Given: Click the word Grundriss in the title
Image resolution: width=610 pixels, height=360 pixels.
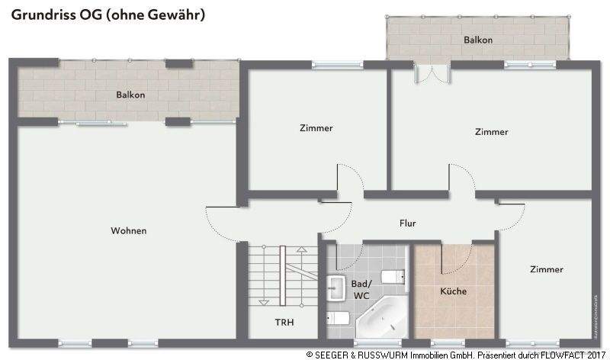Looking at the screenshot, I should pos(39,14).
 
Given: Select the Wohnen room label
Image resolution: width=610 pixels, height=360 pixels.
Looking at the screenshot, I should pos(128,230).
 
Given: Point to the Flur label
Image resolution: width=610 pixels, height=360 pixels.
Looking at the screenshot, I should pos(408,223).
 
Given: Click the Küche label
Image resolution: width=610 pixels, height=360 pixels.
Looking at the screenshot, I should pos(453,291).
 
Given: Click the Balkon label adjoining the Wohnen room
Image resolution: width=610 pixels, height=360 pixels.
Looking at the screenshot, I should pos(130,95).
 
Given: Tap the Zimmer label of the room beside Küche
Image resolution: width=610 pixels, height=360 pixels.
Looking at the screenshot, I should pos(547,269).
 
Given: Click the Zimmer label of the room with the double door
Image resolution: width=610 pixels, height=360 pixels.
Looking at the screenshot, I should pos(491,132).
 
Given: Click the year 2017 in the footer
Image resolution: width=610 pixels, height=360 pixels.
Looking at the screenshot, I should pos(596,355).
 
